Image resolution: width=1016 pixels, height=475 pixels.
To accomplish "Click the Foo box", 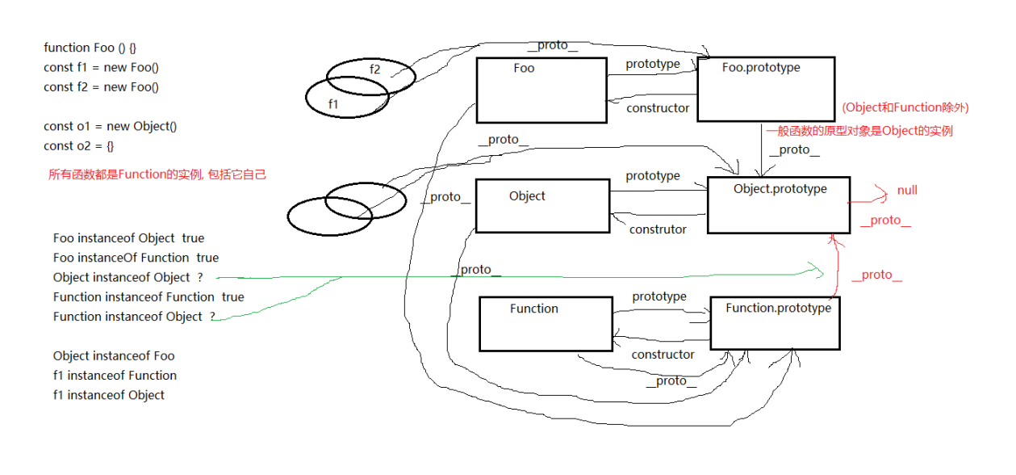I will click(x=541, y=90).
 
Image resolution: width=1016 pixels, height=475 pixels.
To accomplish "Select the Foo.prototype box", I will click(x=766, y=89).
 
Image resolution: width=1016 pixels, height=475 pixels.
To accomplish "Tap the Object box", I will click(x=542, y=206).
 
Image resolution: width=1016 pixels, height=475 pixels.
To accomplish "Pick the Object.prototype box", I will click(x=779, y=205).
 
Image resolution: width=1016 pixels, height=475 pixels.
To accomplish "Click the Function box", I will click(x=546, y=324).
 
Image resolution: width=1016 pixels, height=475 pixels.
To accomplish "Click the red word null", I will click(x=907, y=191).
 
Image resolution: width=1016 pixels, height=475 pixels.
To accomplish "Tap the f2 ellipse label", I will click(x=374, y=69).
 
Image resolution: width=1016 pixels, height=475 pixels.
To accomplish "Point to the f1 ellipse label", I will click(x=333, y=104).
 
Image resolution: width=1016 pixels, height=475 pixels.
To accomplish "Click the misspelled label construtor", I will click(x=658, y=229).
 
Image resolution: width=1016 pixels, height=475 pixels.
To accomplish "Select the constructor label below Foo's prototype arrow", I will click(x=658, y=107).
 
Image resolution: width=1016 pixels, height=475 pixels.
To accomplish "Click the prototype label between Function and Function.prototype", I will click(x=659, y=296).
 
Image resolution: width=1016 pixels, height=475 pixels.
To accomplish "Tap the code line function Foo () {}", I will click(x=95, y=48).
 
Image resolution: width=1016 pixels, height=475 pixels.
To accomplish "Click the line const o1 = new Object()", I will click(x=110, y=126).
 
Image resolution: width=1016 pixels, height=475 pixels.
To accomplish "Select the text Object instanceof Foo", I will click(x=114, y=356).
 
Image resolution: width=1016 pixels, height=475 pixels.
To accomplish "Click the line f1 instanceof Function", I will click(x=115, y=376).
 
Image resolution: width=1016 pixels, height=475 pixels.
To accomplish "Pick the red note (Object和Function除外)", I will click(x=905, y=107).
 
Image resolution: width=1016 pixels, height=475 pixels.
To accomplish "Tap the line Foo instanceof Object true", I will click(x=128, y=238).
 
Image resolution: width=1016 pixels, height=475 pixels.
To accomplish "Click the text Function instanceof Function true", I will click(x=148, y=297).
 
